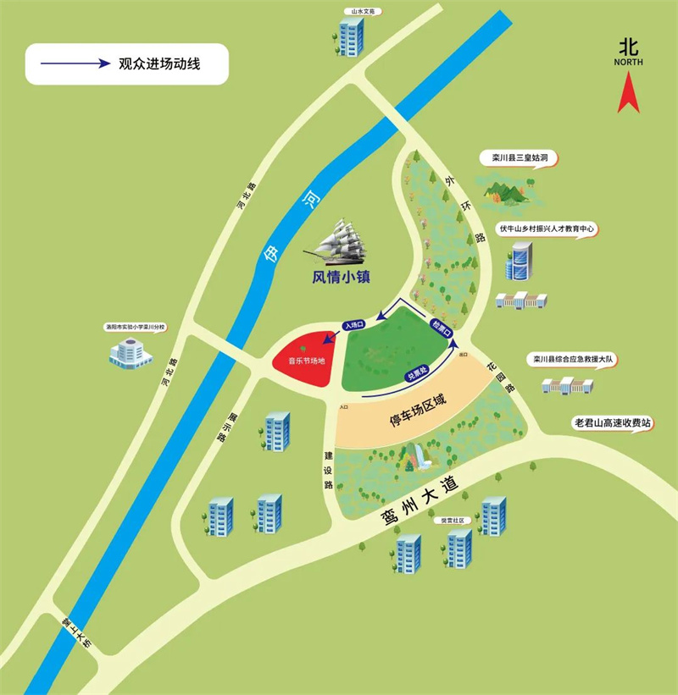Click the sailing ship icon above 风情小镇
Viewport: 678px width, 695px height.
[x=339, y=240]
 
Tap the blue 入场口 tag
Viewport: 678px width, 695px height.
[x=354, y=324]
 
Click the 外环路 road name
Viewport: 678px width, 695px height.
[x=468, y=209]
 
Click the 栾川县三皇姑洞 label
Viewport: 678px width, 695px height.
[x=512, y=158]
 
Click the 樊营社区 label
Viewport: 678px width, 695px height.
[x=448, y=521]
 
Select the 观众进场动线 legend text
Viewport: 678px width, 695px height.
[x=159, y=63]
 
